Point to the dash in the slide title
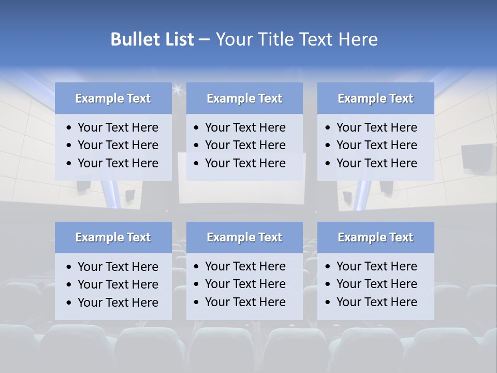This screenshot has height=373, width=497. click(204, 40)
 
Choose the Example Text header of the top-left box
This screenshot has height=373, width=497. click(113, 98)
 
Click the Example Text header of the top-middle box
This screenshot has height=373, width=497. click(244, 98)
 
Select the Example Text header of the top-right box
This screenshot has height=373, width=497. click(375, 98)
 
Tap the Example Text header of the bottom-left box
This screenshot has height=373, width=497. click(113, 237)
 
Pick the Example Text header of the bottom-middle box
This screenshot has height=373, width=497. click(244, 237)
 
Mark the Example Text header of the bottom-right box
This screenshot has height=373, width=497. click(375, 237)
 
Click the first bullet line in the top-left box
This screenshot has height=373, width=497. click(118, 127)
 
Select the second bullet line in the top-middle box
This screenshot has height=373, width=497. click(245, 145)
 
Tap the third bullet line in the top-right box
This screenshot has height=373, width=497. click(377, 163)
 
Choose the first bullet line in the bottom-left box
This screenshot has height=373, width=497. click(118, 267)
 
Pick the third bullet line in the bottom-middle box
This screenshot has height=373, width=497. click(245, 302)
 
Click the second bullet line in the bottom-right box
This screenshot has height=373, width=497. click(377, 284)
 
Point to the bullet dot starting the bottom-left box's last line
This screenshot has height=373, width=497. click(69, 303)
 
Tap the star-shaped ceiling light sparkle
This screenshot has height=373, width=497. click(178, 90)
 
